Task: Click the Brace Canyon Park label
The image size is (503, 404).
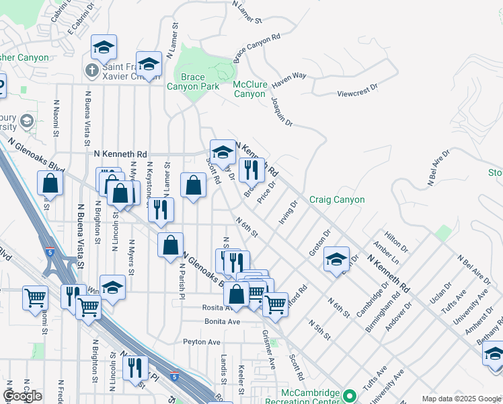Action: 192,82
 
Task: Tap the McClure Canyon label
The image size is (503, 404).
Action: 249,89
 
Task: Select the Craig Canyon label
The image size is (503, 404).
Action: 337,199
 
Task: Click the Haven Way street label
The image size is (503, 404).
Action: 289,77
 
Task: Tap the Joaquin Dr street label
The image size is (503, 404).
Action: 282,111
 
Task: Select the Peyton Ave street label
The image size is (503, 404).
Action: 202,342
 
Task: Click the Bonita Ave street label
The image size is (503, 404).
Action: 223,322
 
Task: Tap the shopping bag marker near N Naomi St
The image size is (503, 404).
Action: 50,183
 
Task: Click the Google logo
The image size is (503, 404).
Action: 22,396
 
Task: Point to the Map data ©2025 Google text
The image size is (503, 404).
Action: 461,399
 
